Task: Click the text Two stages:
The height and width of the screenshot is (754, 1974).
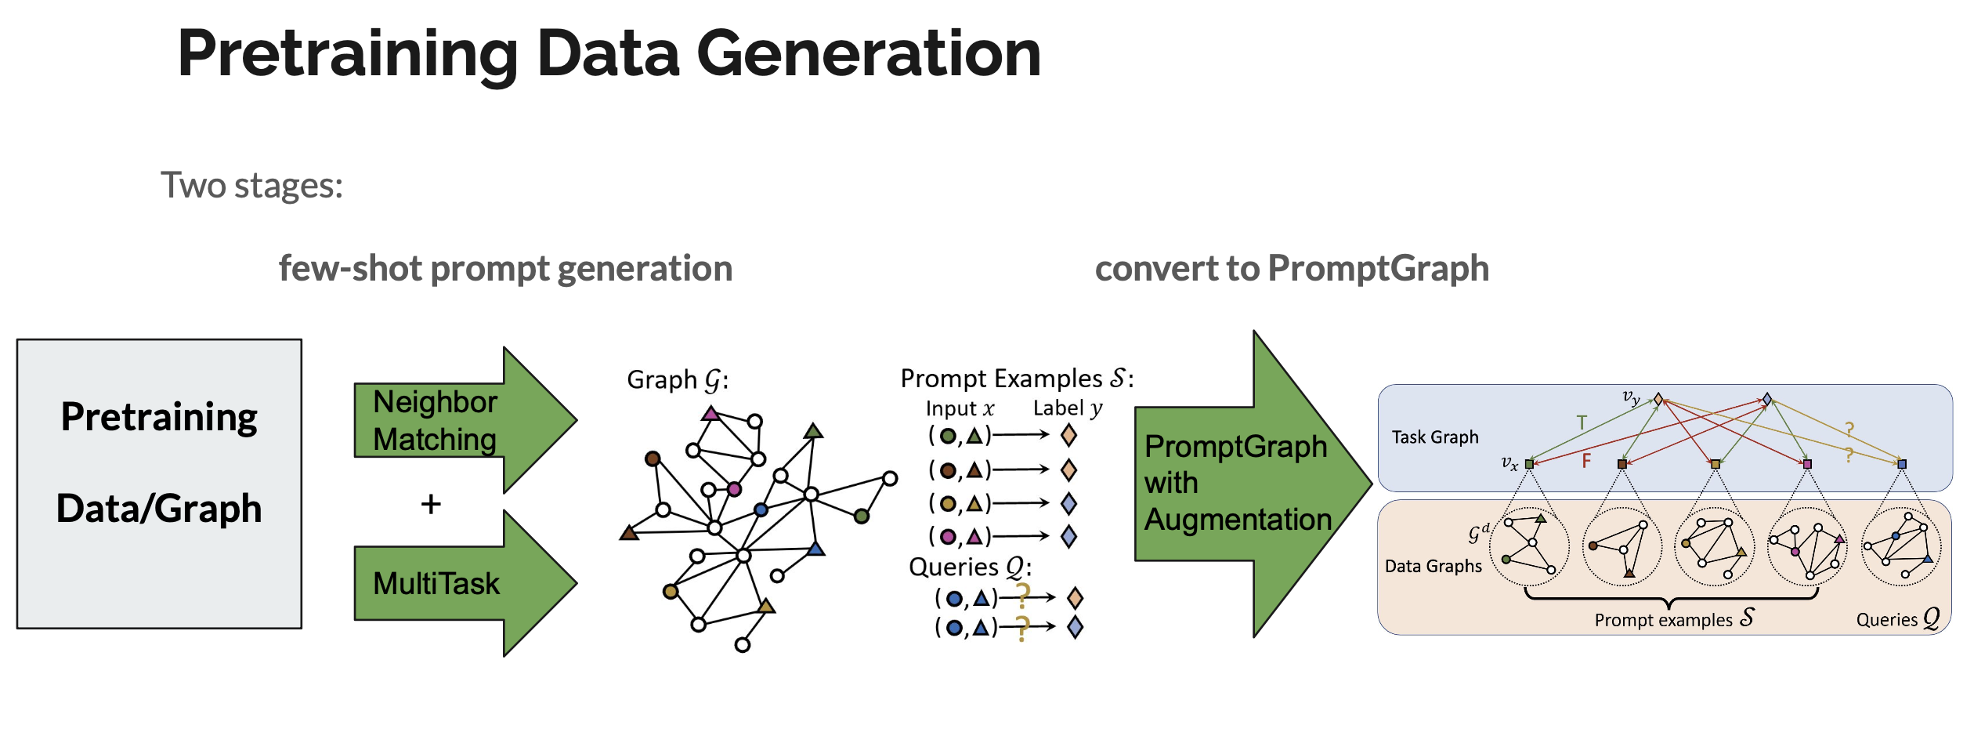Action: coord(251,186)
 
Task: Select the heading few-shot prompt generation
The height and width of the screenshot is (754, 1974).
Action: coord(505,268)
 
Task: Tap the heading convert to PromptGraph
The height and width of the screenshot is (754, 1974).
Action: coord(1292,268)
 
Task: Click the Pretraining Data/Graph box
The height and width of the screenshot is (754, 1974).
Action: coord(159,484)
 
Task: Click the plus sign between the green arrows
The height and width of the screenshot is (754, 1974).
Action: coord(431,504)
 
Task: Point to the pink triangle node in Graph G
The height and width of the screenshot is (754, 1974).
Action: coord(710,413)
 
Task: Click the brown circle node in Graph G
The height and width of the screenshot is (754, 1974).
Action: coord(653,459)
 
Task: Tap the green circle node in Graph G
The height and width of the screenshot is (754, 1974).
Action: coord(862,516)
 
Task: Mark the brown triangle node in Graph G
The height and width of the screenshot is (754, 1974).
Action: coord(629,534)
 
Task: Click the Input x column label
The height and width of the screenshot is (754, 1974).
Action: coord(960,408)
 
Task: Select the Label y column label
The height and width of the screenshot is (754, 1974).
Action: coord(1068,408)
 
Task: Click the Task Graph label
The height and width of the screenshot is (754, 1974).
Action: coord(1435,437)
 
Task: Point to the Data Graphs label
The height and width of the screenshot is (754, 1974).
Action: coord(1433,566)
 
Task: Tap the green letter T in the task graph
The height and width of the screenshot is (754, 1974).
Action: coord(1582,423)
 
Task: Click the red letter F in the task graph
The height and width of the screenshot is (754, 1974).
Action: coord(1586,461)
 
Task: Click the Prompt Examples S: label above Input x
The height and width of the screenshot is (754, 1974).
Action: coord(1017,379)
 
